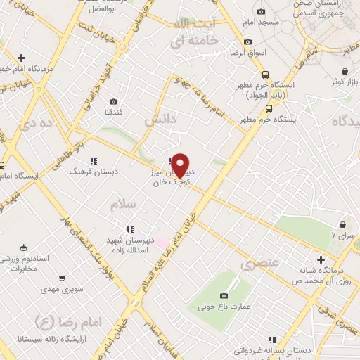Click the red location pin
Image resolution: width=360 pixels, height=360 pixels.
click(x=181, y=165)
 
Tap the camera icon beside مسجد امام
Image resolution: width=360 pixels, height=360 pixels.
click(x=262, y=11)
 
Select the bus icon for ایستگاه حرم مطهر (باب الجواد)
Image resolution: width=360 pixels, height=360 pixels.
click(x=265, y=75)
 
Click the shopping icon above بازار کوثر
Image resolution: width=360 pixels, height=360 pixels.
click(x=345, y=71)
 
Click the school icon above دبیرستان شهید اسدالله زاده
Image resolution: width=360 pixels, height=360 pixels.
click(x=129, y=229)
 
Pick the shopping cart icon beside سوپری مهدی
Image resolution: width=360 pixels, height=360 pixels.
click(x=63, y=278)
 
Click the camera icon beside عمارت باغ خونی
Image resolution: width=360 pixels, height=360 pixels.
click(x=224, y=296)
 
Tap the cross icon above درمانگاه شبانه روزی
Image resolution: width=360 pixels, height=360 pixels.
click(x=321, y=259)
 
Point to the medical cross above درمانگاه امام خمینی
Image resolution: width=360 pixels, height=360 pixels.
click(x=21, y=58)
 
